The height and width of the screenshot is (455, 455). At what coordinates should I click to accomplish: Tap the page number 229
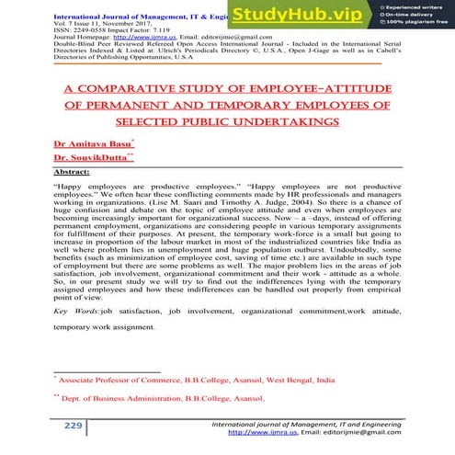tap(73, 427)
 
